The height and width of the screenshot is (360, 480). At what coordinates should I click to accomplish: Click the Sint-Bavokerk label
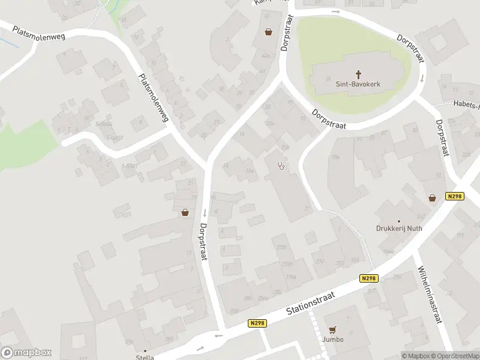coord(359,85)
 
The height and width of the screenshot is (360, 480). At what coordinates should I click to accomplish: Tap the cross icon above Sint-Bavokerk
coord(359,74)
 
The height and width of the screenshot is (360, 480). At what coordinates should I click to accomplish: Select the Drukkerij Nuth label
coord(399,229)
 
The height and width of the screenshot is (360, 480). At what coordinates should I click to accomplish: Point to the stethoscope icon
coord(281,166)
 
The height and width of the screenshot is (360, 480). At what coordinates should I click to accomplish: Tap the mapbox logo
coord(26,353)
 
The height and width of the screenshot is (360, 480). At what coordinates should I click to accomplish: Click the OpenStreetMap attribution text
coord(454,356)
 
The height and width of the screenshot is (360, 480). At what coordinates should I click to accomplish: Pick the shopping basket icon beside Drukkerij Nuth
coord(432,197)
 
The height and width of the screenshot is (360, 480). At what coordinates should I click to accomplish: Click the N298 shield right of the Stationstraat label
coord(368,278)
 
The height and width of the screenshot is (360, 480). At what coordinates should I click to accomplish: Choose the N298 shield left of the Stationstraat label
coord(257,323)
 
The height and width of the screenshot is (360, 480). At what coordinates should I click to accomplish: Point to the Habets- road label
coord(466,105)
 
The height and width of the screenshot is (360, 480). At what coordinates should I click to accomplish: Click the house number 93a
coord(335,157)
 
